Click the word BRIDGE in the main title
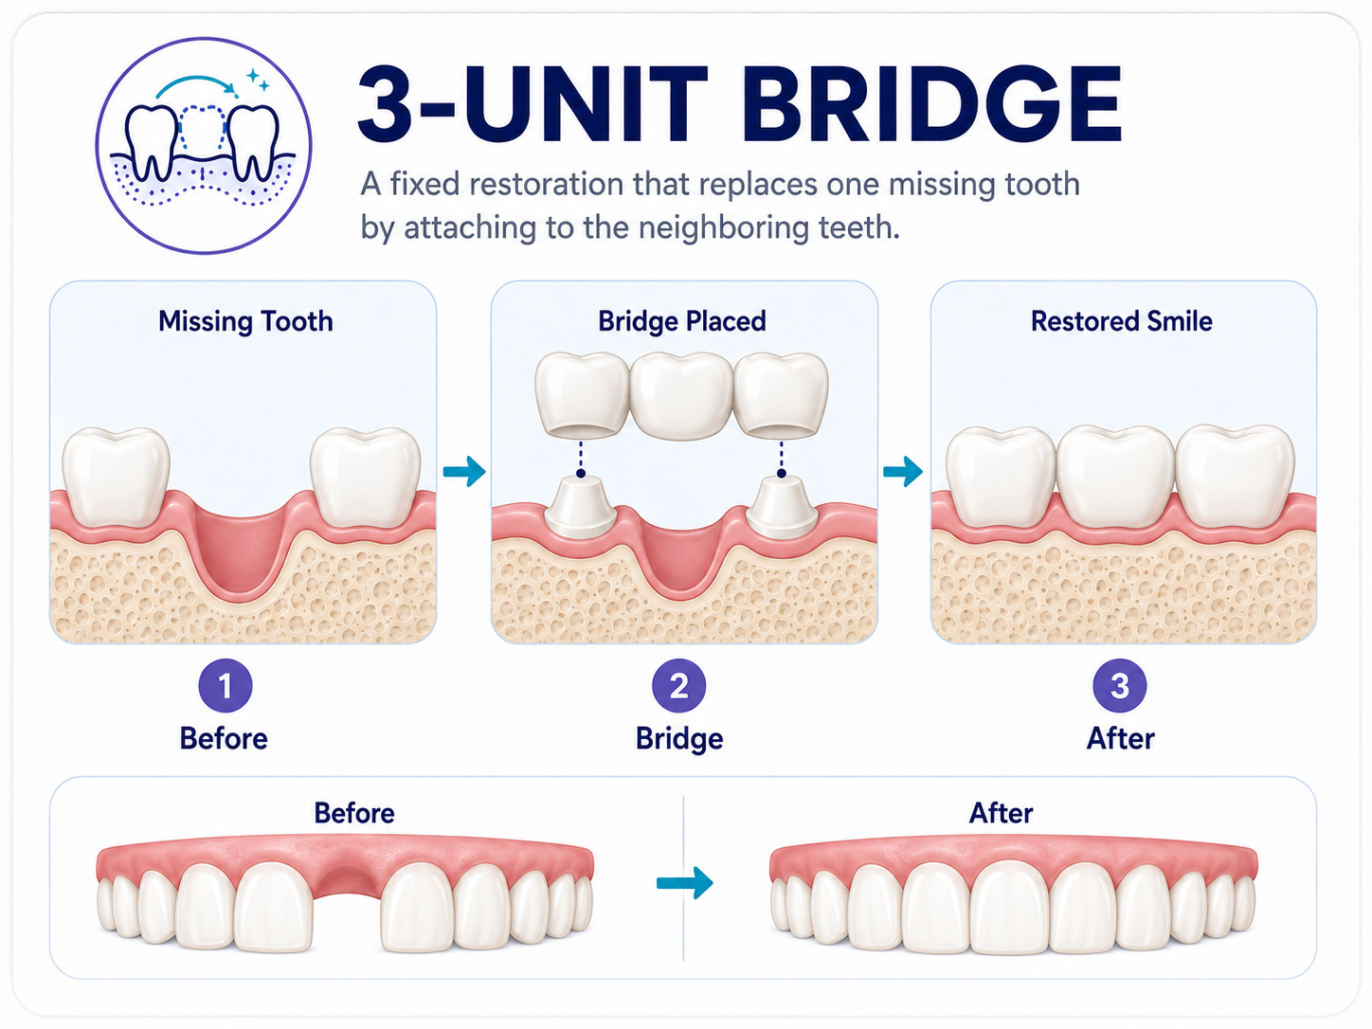930,104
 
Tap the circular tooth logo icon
204,146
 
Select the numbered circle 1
225,685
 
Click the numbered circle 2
678,685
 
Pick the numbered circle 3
1119,685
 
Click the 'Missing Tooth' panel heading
245,321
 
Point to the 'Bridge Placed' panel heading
682,321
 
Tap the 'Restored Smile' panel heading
1121,321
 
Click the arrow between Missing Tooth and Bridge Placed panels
463,471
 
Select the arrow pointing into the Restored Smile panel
903,471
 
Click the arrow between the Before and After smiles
684,883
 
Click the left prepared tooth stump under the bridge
582,507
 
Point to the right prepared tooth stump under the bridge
782,507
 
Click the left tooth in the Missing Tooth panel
116,476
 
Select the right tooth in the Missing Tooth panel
366,478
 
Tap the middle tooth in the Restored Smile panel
1116,476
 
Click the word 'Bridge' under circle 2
679,738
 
